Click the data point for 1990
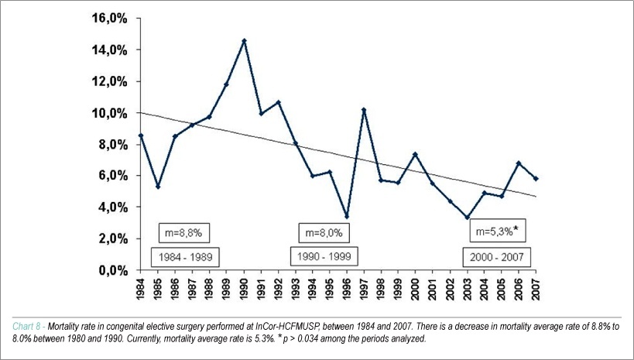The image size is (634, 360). coord(244,40)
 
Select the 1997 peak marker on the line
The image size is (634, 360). coord(364,110)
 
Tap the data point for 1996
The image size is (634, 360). coord(347,217)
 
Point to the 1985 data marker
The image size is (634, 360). coord(158,187)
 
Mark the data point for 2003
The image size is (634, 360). coord(467,218)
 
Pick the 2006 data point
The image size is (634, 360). coord(519,163)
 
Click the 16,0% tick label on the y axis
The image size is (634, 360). coord(110,19)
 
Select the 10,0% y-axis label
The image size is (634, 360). coord(110,113)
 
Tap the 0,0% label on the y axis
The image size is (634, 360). coord(113,270)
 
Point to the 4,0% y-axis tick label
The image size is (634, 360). coord(113,207)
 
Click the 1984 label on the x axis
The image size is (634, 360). coord(140,288)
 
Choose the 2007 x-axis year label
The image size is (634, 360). coord(536,288)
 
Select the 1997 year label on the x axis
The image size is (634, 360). coord(364,288)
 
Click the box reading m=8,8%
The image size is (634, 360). coord(183,233)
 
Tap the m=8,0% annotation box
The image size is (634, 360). coord(324,233)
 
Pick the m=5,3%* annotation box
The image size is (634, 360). coord(497,231)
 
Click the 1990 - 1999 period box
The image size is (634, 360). coord(324,256)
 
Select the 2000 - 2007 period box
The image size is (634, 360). coord(496,257)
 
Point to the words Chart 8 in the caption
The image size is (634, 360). coord(26,327)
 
